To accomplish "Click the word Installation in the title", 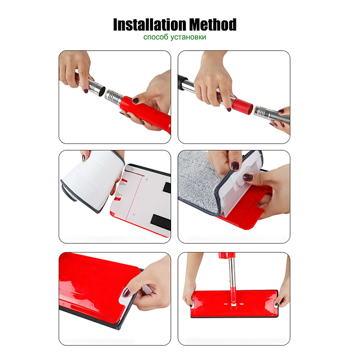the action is [149, 25].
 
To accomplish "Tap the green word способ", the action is [155, 37].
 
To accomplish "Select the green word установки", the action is [188, 37].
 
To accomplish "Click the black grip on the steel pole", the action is [182, 82].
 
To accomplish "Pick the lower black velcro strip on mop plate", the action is [161, 223].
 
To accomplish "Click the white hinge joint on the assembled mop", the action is [233, 304].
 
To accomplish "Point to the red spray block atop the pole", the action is [226, 255].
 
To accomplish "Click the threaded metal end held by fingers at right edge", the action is [264, 112].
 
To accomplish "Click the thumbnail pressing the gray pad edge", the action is [235, 166].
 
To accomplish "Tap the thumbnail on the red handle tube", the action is [136, 100].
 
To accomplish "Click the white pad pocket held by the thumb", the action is [244, 177].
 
